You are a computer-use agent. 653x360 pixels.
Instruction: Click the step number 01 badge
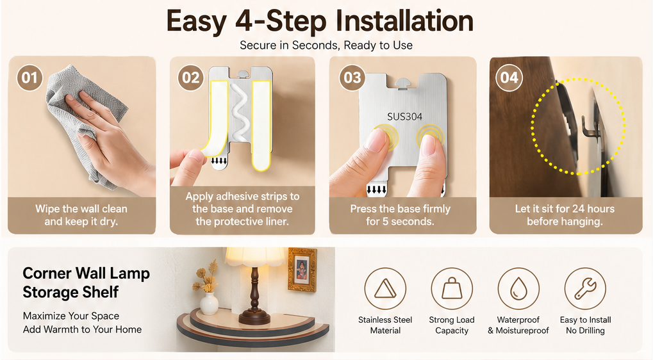29,78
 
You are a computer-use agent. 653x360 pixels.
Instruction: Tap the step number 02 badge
191,78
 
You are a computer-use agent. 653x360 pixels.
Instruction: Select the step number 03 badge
352,78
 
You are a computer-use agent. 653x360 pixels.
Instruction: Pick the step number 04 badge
509,78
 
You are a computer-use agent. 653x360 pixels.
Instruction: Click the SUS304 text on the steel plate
404,117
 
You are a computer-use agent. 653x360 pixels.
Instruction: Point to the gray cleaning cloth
83,120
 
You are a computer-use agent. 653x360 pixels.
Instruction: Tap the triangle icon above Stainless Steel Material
385,288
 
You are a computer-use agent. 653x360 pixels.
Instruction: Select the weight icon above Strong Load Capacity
452,288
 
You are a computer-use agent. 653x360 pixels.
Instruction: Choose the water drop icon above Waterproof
518,288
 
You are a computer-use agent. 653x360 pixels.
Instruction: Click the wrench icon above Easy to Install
585,288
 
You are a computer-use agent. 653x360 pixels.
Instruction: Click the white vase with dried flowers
209,303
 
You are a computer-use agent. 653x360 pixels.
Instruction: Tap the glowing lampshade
256,257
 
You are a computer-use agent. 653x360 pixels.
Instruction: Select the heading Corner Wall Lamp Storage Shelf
87,282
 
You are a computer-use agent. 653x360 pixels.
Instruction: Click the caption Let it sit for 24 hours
565,209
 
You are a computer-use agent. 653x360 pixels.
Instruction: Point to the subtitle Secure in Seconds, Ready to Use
326,45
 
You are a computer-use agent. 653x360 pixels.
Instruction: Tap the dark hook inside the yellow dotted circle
588,127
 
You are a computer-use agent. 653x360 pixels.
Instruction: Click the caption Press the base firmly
401,209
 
